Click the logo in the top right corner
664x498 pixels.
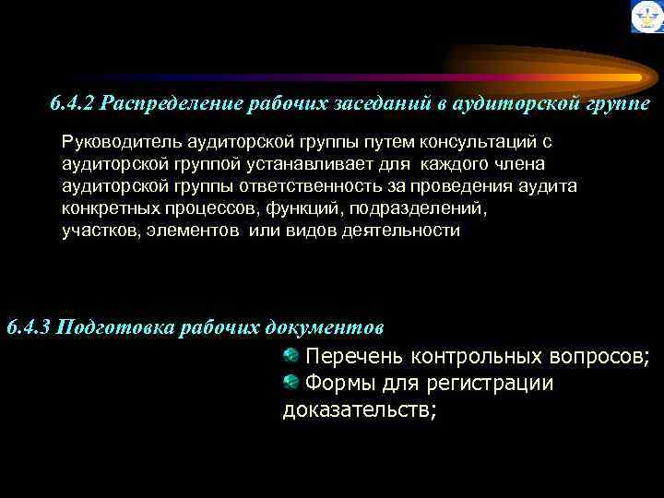point(646,17)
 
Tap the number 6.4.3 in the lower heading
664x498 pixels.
point(29,327)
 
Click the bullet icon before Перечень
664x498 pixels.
point(290,354)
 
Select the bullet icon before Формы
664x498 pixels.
point(290,381)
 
